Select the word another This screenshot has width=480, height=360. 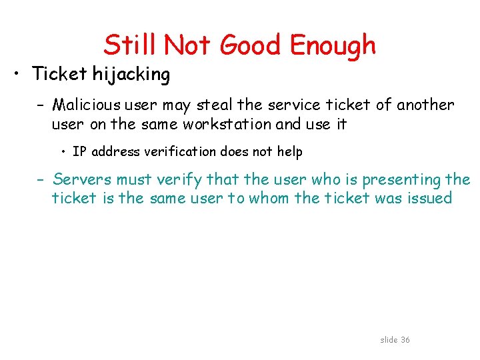point(425,105)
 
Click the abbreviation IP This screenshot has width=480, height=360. point(79,152)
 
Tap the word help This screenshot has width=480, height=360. point(289,152)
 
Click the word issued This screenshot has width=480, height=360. point(431,199)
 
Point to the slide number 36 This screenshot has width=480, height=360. point(405,340)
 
